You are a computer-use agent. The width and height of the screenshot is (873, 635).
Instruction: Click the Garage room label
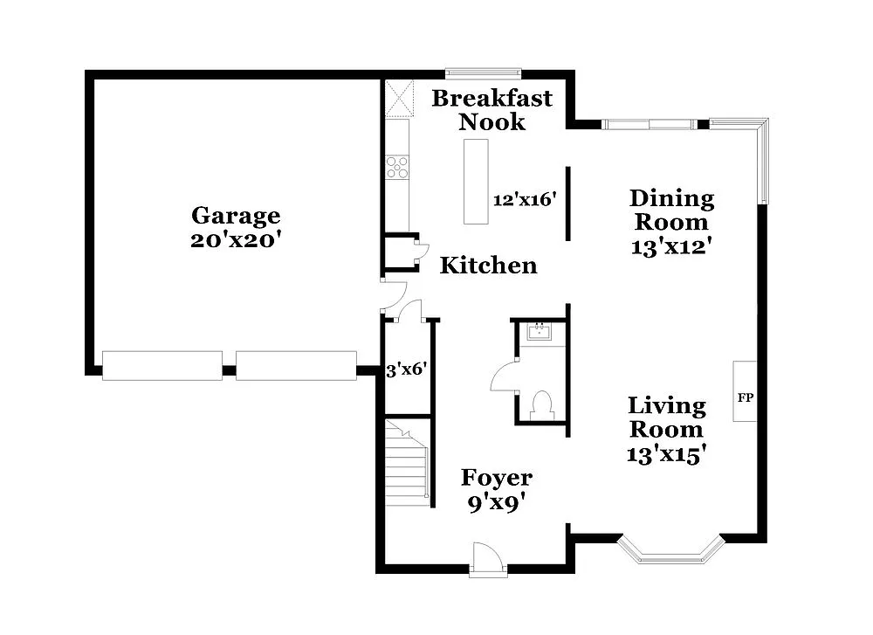[236, 216]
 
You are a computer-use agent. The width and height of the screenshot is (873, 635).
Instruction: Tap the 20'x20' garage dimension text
[236, 240]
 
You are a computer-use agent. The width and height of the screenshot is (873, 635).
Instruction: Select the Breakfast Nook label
[492, 109]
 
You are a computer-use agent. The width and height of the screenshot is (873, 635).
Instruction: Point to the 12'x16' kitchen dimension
[525, 200]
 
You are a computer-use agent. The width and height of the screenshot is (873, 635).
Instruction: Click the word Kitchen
[488, 266]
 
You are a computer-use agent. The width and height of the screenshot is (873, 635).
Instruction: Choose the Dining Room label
[671, 211]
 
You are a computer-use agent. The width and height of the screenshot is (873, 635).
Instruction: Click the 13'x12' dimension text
[671, 246]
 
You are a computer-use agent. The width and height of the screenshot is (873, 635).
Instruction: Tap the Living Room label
[667, 418]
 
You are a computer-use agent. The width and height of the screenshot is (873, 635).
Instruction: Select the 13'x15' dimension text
[666, 454]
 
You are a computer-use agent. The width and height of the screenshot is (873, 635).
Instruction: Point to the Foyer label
[496, 478]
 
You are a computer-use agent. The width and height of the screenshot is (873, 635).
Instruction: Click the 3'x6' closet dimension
[405, 369]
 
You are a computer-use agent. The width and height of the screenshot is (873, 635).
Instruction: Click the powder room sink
[541, 331]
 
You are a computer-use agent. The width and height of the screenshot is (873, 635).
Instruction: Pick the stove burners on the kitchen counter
[397, 166]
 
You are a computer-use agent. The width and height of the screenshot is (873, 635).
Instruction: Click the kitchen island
[477, 182]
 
